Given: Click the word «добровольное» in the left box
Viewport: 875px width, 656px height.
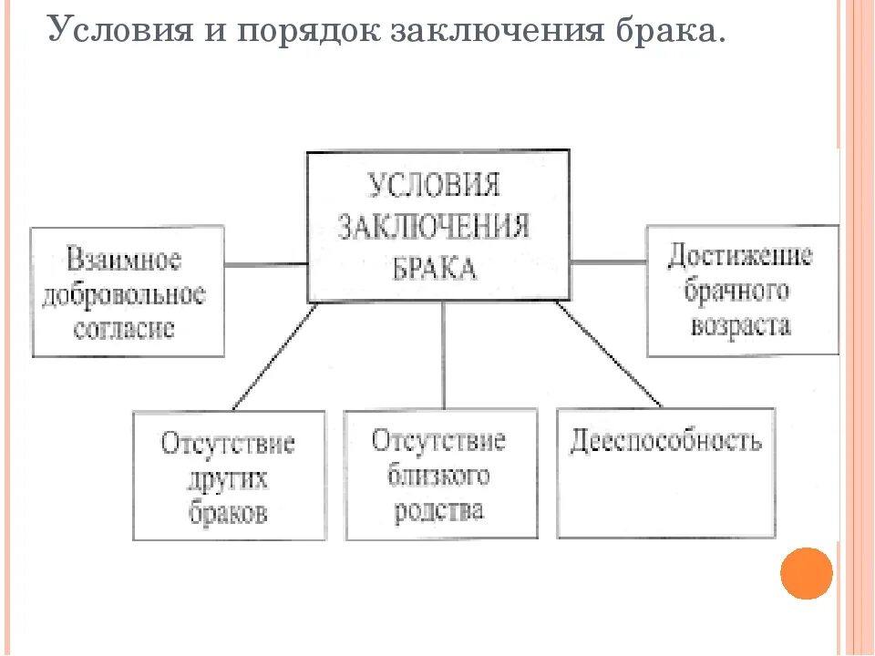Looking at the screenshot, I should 125,296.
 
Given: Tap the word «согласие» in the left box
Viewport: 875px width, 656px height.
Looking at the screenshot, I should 124,329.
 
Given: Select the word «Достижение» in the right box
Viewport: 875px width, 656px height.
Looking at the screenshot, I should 740,255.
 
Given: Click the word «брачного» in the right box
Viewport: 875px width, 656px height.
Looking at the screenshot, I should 740,291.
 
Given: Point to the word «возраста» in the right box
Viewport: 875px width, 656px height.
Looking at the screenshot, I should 741,325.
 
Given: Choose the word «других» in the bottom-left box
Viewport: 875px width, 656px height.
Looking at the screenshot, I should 229,478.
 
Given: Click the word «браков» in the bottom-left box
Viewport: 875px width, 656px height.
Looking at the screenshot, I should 229,512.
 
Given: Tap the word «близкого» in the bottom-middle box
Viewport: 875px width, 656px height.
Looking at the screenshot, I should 438,475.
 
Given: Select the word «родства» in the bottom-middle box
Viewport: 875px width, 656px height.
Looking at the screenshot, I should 438,509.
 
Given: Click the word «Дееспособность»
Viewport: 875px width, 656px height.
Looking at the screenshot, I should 666,442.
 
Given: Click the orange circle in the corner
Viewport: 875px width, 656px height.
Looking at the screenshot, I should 807,573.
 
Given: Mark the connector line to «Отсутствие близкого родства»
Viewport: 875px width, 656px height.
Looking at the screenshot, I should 444,355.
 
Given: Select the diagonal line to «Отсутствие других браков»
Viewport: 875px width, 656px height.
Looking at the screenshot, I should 275,355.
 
